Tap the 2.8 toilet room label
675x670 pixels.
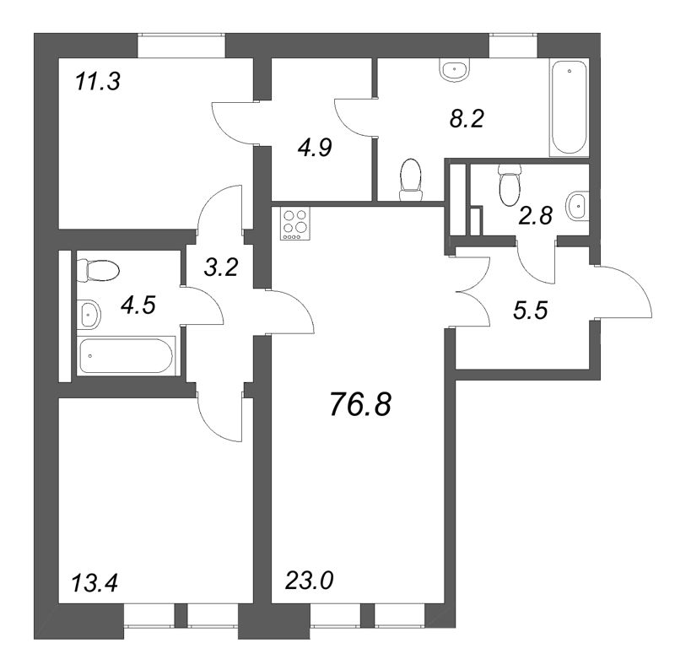(x=534, y=217)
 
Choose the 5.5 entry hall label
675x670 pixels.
(x=531, y=310)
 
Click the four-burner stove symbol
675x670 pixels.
(x=295, y=225)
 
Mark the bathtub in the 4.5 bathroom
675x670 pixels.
(x=127, y=356)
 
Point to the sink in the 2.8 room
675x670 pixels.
(x=578, y=203)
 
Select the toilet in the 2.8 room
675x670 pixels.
(x=509, y=185)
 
